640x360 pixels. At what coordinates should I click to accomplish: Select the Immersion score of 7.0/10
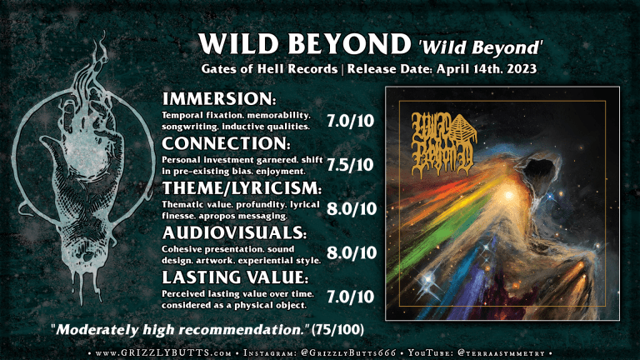tap(352, 120)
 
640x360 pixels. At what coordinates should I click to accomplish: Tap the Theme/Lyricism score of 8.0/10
tap(352, 209)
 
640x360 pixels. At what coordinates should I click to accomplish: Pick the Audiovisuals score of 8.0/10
tap(352, 253)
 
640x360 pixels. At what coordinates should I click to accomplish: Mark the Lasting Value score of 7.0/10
tap(352, 297)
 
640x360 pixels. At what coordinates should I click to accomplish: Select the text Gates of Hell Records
tap(254, 67)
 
